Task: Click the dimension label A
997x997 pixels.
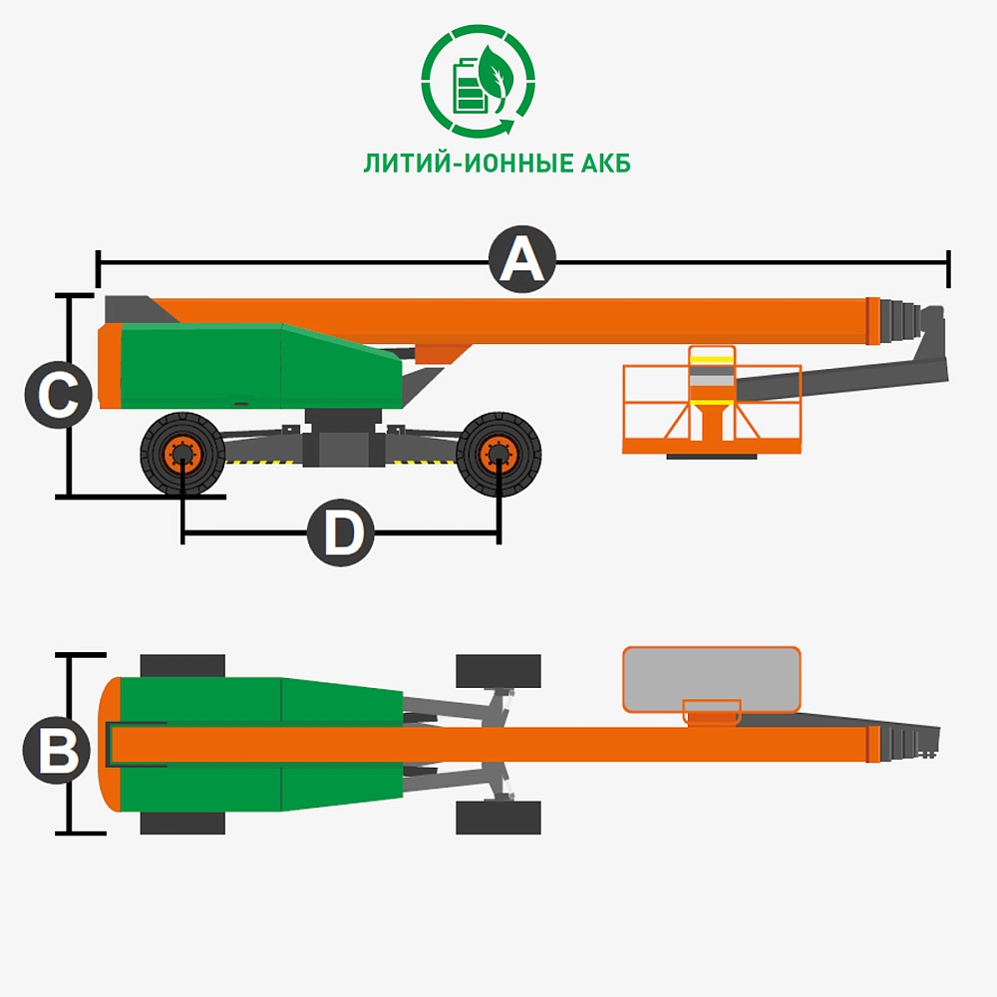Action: click(x=522, y=259)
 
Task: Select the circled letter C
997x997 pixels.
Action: click(x=59, y=394)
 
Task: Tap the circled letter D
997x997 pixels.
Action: click(x=341, y=532)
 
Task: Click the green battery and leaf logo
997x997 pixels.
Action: click(x=479, y=81)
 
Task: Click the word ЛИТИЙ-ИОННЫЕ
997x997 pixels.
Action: click(x=469, y=164)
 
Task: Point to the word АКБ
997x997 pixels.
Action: click(x=605, y=164)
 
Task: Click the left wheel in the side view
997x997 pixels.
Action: click(x=182, y=454)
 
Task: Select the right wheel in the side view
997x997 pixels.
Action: click(x=498, y=454)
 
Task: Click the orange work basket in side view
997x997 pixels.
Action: click(x=712, y=402)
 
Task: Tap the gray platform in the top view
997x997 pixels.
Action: click(x=712, y=679)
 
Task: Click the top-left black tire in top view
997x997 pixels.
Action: click(x=182, y=666)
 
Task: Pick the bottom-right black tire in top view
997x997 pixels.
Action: click(x=498, y=818)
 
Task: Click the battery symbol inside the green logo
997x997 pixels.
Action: click(x=469, y=85)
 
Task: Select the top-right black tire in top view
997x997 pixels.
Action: click(x=498, y=671)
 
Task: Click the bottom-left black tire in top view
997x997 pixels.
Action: click(x=182, y=823)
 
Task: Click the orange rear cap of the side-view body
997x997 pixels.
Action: click(x=110, y=366)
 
